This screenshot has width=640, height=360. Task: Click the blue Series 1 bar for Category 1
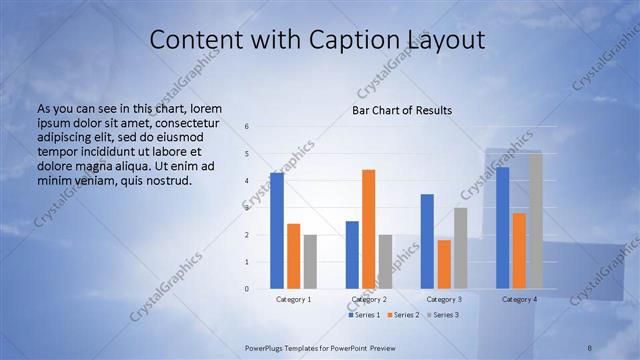click(x=277, y=231)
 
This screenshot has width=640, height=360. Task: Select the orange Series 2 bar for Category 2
click(x=369, y=229)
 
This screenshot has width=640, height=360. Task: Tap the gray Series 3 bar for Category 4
click(x=536, y=221)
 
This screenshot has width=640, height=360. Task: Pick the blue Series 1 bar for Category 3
click(x=427, y=241)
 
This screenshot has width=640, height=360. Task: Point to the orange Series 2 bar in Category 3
click(x=444, y=264)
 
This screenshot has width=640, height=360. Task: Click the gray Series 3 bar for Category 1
click(x=310, y=262)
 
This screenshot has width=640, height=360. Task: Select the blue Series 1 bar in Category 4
click(x=503, y=228)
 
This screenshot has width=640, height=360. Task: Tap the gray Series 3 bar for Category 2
click(x=386, y=262)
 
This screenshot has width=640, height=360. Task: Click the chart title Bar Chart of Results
click(x=402, y=110)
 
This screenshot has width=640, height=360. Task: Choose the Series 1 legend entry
click(x=365, y=315)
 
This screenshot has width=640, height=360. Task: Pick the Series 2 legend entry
click(x=403, y=315)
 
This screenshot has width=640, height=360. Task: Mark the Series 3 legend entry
click(x=442, y=315)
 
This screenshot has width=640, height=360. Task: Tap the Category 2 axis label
click(x=370, y=299)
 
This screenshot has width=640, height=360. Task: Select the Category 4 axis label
click(x=520, y=299)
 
